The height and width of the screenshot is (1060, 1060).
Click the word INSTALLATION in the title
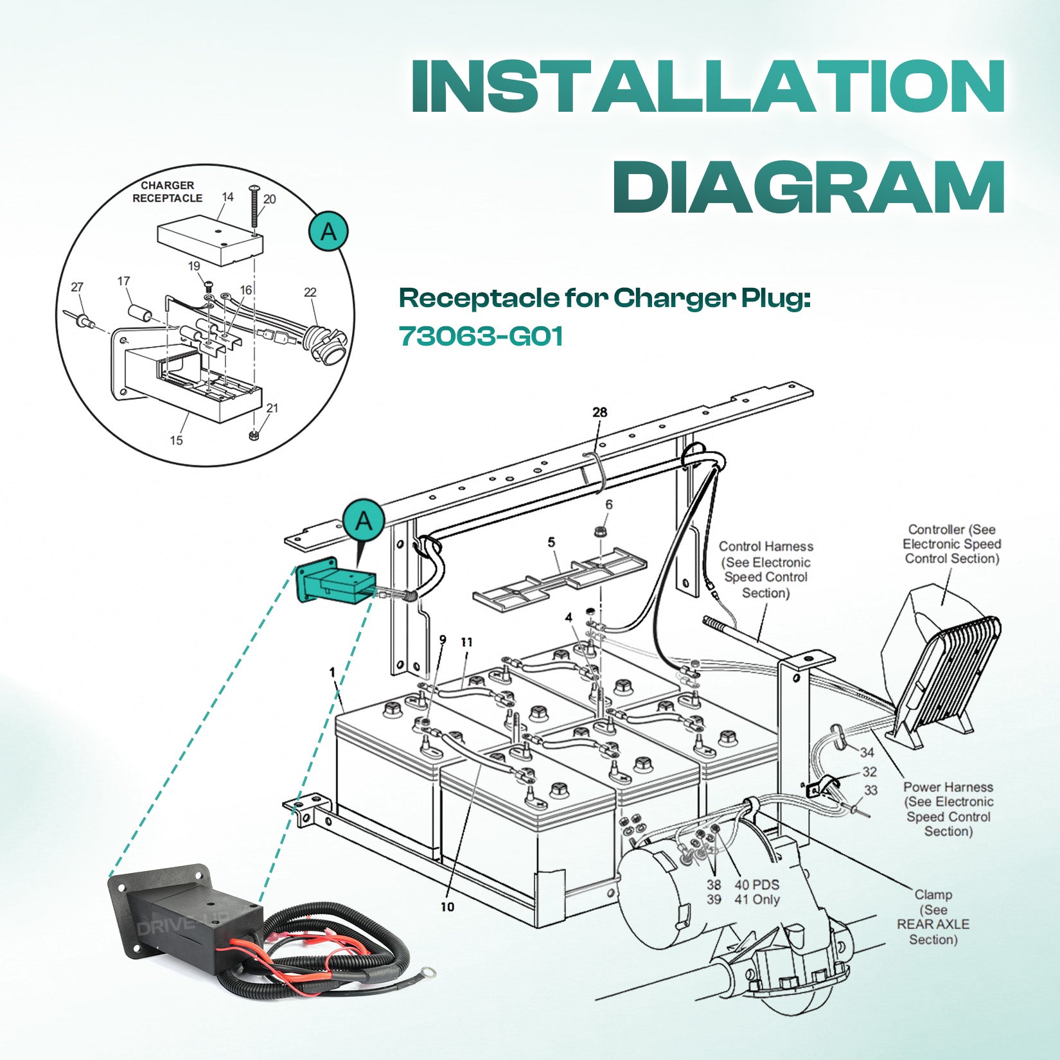tap(707, 86)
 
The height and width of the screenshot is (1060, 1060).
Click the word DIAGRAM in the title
tap(808, 185)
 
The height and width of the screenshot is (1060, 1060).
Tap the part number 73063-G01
tap(481, 336)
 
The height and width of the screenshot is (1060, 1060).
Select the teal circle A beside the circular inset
tap(328, 231)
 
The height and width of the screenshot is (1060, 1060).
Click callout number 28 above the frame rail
tap(599, 412)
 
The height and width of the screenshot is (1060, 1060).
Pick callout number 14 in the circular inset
tap(227, 197)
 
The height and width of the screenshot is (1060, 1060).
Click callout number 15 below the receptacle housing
tap(176, 440)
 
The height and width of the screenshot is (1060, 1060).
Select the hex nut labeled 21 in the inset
tap(254, 436)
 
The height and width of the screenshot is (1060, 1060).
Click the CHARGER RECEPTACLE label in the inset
tap(167, 191)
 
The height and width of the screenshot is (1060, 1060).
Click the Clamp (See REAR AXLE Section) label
tap(933, 917)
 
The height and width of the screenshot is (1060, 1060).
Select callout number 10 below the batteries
tap(447, 906)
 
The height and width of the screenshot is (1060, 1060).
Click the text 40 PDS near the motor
tap(757, 885)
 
